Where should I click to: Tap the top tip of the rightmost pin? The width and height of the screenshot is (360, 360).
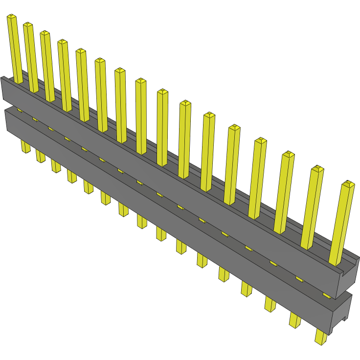(x=348, y=184)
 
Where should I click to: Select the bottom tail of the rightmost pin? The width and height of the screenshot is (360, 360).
(x=321, y=337)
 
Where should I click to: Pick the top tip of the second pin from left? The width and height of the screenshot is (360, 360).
(x=28, y=25)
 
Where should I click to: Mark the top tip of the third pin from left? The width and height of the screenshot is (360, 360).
(x=45, y=33)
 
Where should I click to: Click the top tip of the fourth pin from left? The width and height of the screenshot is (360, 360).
(x=62, y=42)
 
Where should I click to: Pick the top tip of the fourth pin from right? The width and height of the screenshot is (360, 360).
(x=260, y=141)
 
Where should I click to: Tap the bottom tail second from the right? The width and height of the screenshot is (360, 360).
(x=295, y=320)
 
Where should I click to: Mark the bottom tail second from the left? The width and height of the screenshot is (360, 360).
(x=40, y=157)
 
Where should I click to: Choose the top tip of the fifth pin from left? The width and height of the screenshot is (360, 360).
(x=81, y=51)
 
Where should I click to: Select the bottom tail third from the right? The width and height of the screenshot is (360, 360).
(x=270, y=304)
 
